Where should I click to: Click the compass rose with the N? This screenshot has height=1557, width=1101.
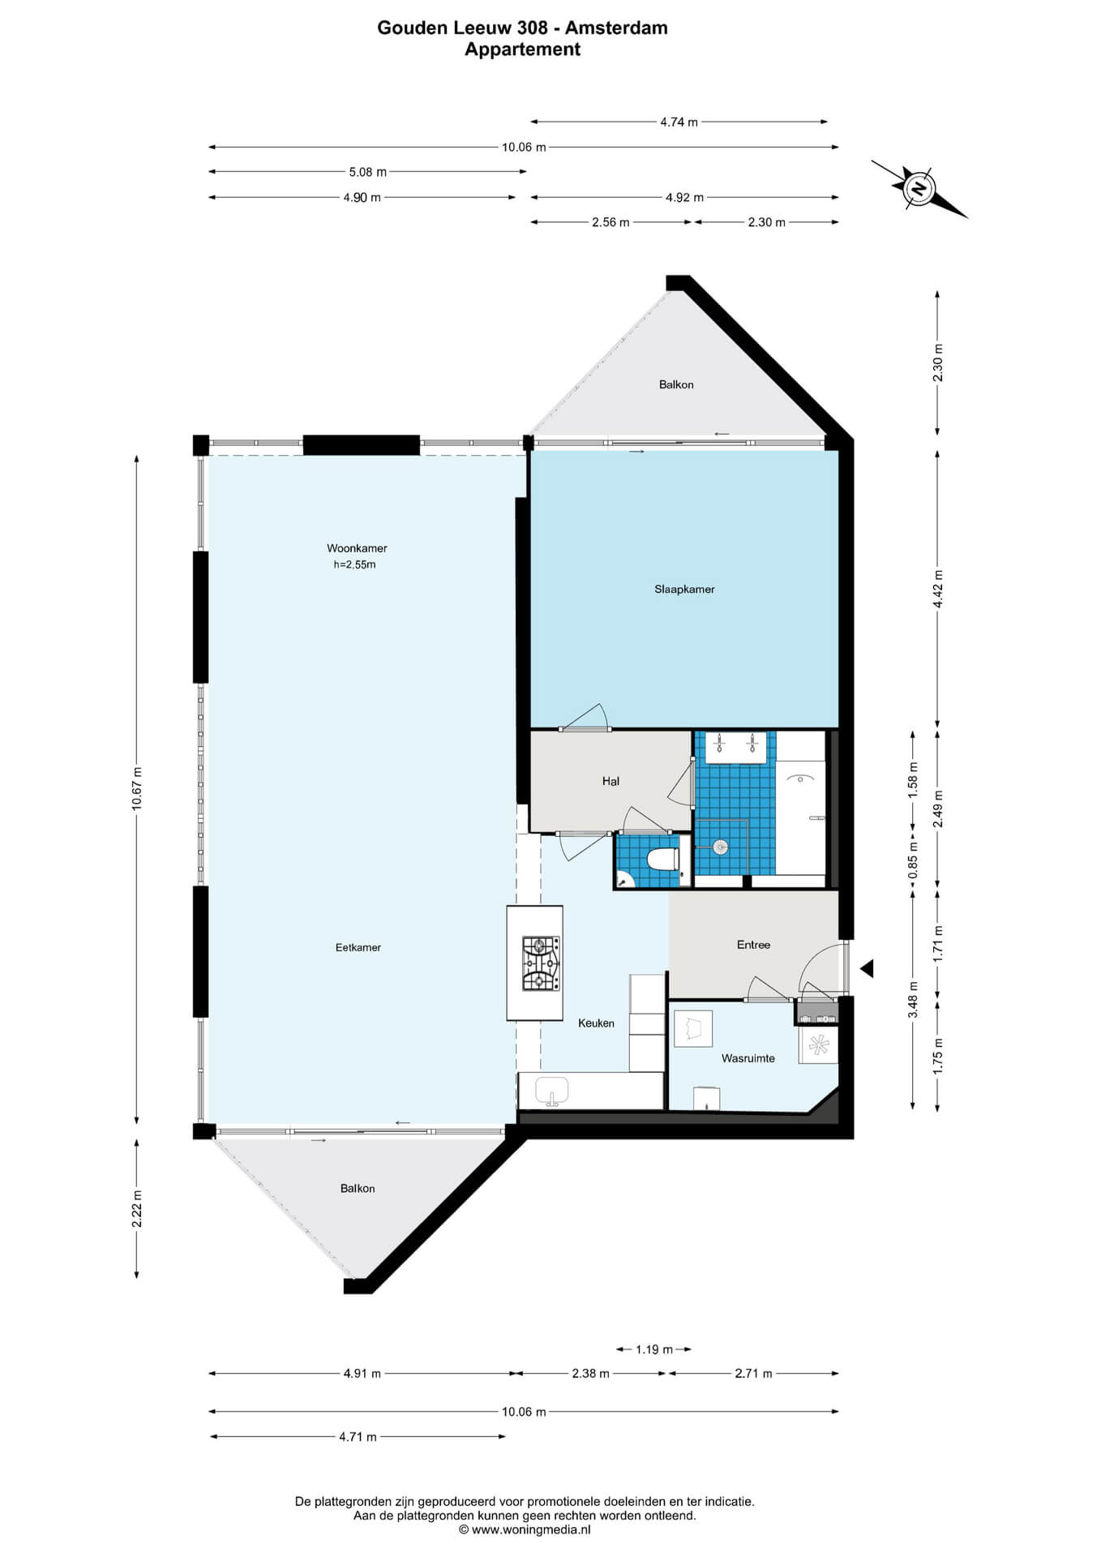click(x=919, y=188)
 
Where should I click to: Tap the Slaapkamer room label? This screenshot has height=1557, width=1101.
click(x=684, y=590)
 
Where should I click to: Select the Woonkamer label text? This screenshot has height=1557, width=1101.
click(x=357, y=548)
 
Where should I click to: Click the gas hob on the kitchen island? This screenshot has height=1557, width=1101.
click(x=541, y=963)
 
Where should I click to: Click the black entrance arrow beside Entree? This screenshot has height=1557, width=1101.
click(x=867, y=967)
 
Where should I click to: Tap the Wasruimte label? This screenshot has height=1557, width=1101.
click(x=748, y=1058)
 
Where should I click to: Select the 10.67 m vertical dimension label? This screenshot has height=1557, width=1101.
click(x=137, y=788)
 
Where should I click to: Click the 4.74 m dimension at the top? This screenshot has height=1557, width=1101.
click(x=679, y=122)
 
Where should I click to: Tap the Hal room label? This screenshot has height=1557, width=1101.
click(x=610, y=781)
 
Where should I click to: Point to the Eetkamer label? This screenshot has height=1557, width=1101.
click(x=358, y=947)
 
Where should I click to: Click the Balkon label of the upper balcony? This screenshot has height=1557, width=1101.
click(x=676, y=384)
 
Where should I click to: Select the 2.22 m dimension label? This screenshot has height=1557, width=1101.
click(x=137, y=1208)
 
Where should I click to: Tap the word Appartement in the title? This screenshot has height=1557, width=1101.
click(x=522, y=49)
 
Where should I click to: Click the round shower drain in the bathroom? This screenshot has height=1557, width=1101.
click(x=719, y=847)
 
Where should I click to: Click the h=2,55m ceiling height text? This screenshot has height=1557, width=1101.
click(x=354, y=564)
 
